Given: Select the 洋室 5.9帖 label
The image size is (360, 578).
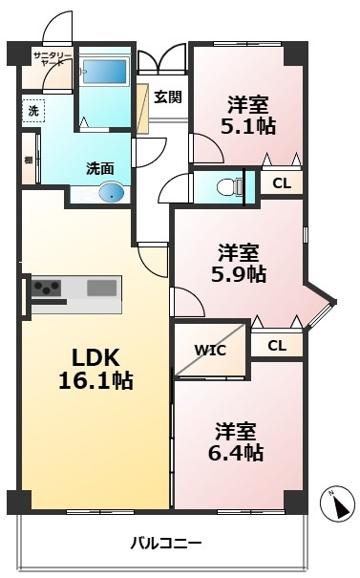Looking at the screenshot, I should point(240,263).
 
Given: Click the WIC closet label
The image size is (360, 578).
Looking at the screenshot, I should point(210,350).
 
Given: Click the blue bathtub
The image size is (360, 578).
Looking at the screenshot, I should point(103,72).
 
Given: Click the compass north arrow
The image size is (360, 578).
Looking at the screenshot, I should point(335,504).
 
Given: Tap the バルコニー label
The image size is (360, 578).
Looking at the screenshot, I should point(166,544).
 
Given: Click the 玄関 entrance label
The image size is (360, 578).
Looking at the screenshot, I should point(168,96).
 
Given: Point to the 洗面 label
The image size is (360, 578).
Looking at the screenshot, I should point(99,168).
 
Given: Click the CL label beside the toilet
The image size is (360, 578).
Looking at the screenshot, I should point(282,182).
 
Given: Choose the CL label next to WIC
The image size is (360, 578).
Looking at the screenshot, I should point(276,346).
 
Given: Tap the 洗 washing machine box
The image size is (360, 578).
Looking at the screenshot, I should point(32,111).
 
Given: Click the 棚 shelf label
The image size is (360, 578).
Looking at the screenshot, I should point(29,161).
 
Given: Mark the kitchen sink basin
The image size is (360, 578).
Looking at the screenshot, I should point(101,287).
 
